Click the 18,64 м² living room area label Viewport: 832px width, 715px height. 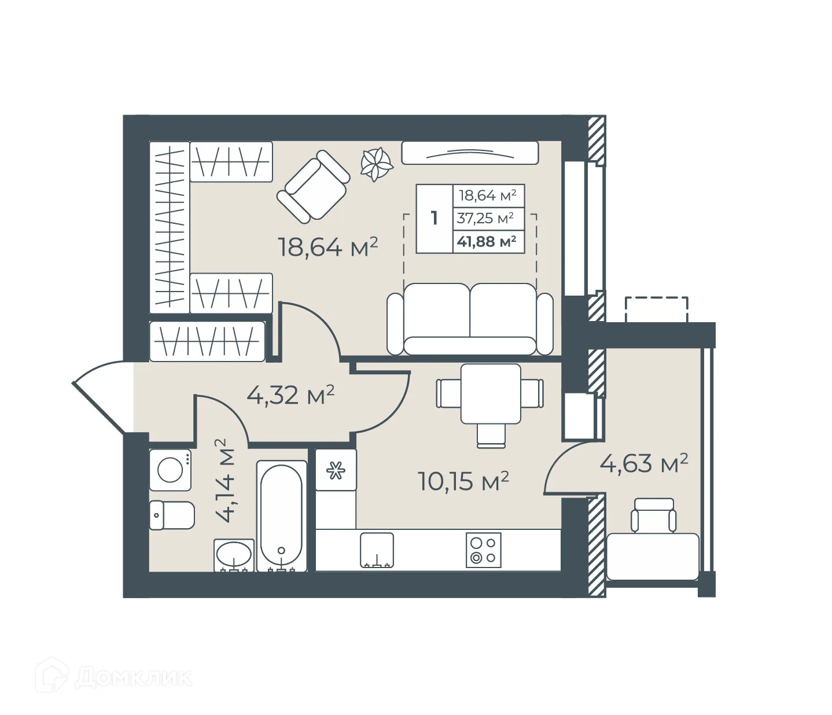coord(327,248)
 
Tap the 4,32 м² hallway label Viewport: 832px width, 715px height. coord(290,395)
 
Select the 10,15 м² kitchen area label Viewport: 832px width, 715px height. coord(463,481)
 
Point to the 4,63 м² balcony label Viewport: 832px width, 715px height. coord(643,463)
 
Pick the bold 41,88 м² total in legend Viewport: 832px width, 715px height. coord(487,242)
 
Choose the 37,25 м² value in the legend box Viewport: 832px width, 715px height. coord(485,219)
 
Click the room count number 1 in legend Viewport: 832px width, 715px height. coord(434,219)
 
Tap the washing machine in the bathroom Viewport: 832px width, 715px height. coord(171,470)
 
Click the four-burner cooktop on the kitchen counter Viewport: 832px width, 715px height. coord(483,550)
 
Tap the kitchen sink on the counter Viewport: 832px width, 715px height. coord(377,550)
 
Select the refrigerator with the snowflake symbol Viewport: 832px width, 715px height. coord(336,470)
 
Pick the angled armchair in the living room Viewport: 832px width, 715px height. coord(313,186)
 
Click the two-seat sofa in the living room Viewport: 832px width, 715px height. coord(470,319)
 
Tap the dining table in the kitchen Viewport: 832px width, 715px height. coord(490,393)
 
